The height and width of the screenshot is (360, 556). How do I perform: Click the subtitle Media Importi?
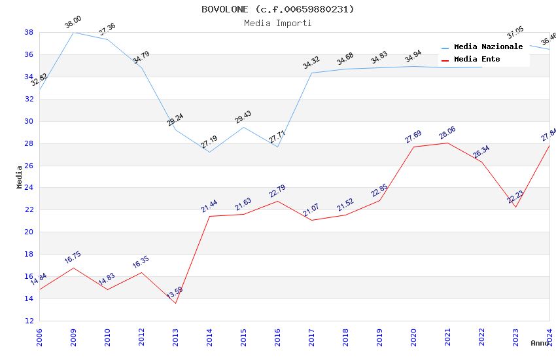[x=277, y=23]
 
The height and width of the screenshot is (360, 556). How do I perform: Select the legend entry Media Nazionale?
[x=488, y=46]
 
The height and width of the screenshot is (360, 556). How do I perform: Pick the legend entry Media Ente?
[x=477, y=59]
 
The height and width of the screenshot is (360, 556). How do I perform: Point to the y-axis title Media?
[x=20, y=177]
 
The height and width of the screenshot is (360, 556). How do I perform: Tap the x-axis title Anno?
[x=540, y=343]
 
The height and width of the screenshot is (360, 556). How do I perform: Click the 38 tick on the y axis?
[x=29, y=32]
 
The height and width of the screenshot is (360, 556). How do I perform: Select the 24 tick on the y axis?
[x=29, y=188]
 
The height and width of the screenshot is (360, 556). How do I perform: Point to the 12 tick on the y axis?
[x=29, y=321]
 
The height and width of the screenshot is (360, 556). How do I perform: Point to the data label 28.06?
[x=447, y=133]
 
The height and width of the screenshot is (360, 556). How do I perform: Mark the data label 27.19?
[x=209, y=142]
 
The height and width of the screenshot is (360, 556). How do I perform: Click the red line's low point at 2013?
[x=175, y=303]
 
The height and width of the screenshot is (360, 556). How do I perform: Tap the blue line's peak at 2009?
[x=73, y=32]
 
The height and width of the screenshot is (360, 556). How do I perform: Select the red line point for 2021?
[x=447, y=143]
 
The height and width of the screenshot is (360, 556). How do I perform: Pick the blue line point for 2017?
[x=311, y=73]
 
